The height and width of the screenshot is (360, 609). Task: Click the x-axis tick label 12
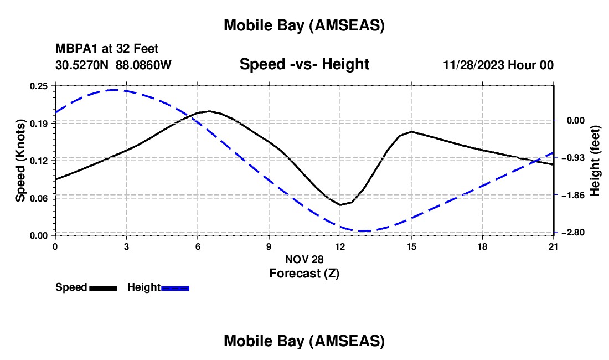(x=340, y=246)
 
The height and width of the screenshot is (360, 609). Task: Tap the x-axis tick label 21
(x=554, y=246)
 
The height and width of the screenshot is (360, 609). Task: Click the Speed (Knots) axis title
(x=20, y=161)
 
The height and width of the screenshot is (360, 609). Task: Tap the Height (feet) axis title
(x=595, y=161)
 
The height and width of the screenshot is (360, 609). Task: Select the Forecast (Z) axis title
(x=304, y=273)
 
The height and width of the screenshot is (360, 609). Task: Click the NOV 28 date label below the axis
(x=304, y=259)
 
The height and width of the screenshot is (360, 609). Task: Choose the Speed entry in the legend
(x=86, y=287)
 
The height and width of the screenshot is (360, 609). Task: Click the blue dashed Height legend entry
(x=158, y=287)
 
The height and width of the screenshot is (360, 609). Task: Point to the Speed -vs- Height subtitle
(x=304, y=64)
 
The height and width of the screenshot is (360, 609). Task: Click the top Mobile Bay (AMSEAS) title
(x=304, y=25)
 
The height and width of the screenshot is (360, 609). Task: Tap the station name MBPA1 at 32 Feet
(x=107, y=49)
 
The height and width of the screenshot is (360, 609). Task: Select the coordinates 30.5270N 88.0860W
(x=113, y=65)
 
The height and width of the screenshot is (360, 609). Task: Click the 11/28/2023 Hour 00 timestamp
(x=498, y=65)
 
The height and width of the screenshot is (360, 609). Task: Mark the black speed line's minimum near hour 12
(x=340, y=205)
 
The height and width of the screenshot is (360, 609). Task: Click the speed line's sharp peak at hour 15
(x=411, y=131)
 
